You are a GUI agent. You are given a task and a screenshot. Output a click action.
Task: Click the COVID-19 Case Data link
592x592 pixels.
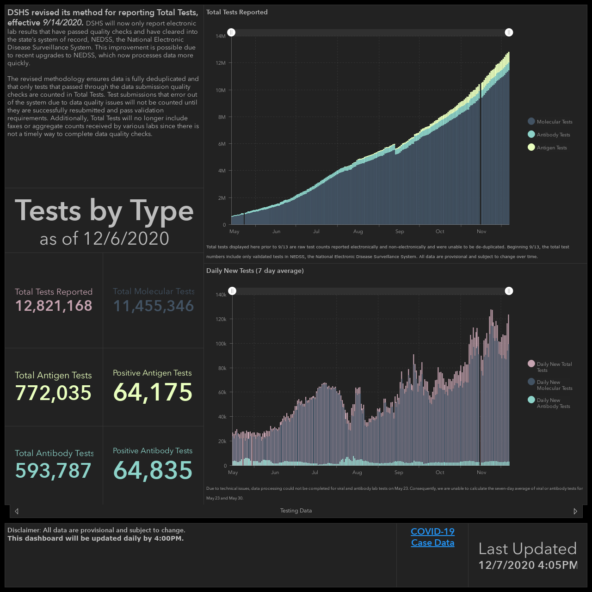click(432, 537)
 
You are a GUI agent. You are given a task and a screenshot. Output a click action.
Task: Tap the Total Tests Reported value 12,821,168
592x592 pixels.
click(54, 306)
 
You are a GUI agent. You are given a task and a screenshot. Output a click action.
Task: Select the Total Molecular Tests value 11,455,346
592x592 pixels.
click(153, 306)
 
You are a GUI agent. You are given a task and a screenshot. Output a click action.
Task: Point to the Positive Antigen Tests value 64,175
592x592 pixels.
click(153, 392)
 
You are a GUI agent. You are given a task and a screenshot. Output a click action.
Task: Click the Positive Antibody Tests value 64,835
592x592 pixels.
click(153, 470)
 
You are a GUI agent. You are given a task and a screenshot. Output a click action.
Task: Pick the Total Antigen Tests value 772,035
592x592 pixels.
click(53, 393)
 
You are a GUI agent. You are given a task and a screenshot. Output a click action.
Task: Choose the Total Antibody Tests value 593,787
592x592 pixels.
click(53, 471)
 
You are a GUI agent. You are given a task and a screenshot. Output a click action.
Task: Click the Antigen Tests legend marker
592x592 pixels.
click(531, 148)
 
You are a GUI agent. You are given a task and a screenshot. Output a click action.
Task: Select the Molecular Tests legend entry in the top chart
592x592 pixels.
click(550, 122)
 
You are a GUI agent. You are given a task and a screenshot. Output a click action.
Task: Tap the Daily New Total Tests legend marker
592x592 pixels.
click(531, 364)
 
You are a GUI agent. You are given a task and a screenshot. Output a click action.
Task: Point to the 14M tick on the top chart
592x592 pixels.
click(221, 36)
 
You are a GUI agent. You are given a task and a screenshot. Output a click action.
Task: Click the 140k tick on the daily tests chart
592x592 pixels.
click(221, 295)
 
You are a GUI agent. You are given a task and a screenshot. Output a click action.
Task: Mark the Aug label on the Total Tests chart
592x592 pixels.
click(358, 231)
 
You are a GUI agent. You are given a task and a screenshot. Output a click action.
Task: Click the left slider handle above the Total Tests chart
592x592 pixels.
click(231, 32)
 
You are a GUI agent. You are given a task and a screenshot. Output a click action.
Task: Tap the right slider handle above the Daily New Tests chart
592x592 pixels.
click(509, 291)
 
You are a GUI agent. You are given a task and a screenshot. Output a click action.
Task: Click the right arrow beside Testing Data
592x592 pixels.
click(575, 511)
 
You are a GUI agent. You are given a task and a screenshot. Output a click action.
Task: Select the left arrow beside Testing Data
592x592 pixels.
click(17, 511)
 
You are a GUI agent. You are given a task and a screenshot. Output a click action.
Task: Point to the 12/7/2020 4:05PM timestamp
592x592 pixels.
click(528, 565)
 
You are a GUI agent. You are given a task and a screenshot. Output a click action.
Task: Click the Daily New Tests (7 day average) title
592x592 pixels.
click(255, 271)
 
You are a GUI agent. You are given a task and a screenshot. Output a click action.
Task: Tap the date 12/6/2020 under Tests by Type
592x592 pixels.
click(126, 238)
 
